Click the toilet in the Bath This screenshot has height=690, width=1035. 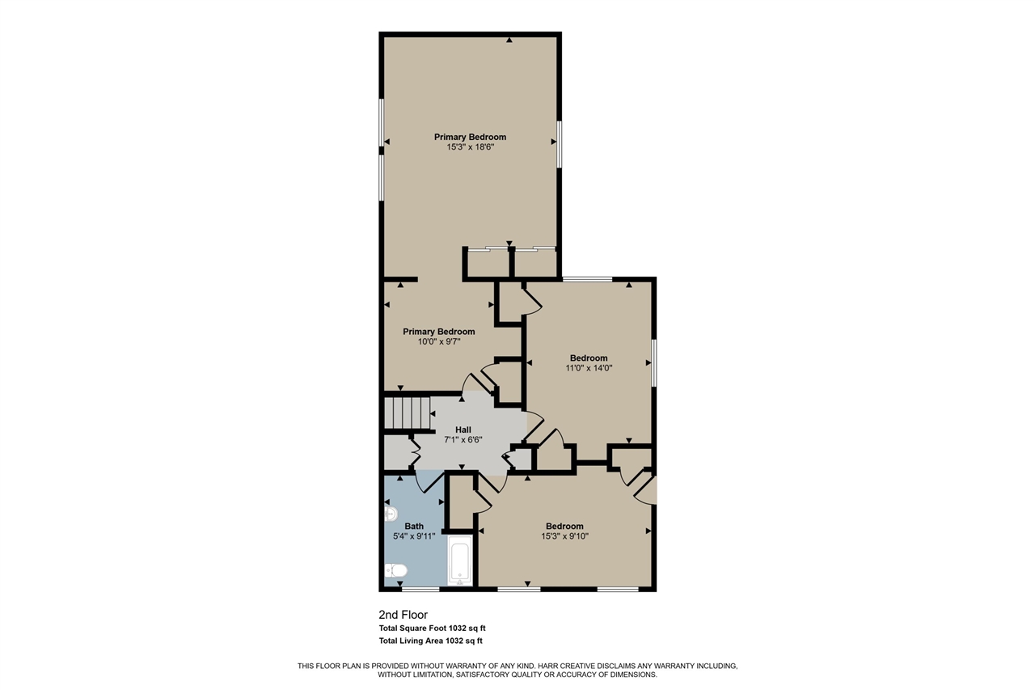(x=395, y=572)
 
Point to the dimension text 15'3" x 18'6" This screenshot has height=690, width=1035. (x=470, y=147)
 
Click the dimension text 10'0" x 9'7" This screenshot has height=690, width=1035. (x=439, y=342)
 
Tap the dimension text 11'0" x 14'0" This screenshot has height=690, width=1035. (x=589, y=368)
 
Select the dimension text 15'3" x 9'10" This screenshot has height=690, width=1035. (x=564, y=536)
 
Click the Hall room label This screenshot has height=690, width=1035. (x=463, y=430)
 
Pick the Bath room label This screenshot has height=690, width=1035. (x=414, y=526)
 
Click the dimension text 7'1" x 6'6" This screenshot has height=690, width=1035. (x=463, y=440)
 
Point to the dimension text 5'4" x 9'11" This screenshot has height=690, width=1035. (x=414, y=536)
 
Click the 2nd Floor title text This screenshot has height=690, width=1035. (x=403, y=615)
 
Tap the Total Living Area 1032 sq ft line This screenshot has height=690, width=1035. (x=430, y=641)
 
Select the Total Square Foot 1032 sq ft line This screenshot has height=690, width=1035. (x=432, y=628)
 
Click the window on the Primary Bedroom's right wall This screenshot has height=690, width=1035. (x=559, y=144)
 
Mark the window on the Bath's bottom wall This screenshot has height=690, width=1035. (x=420, y=590)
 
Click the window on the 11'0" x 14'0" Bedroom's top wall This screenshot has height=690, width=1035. (x=588, y=279)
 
